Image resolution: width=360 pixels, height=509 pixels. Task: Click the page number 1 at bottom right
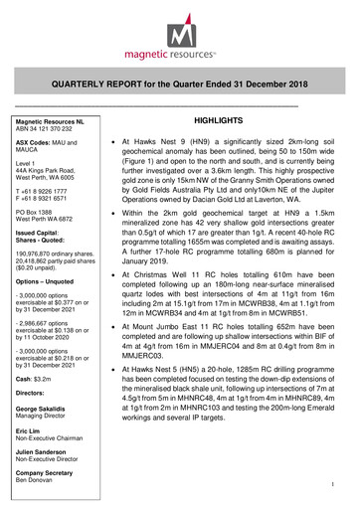(x=339, y=487)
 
